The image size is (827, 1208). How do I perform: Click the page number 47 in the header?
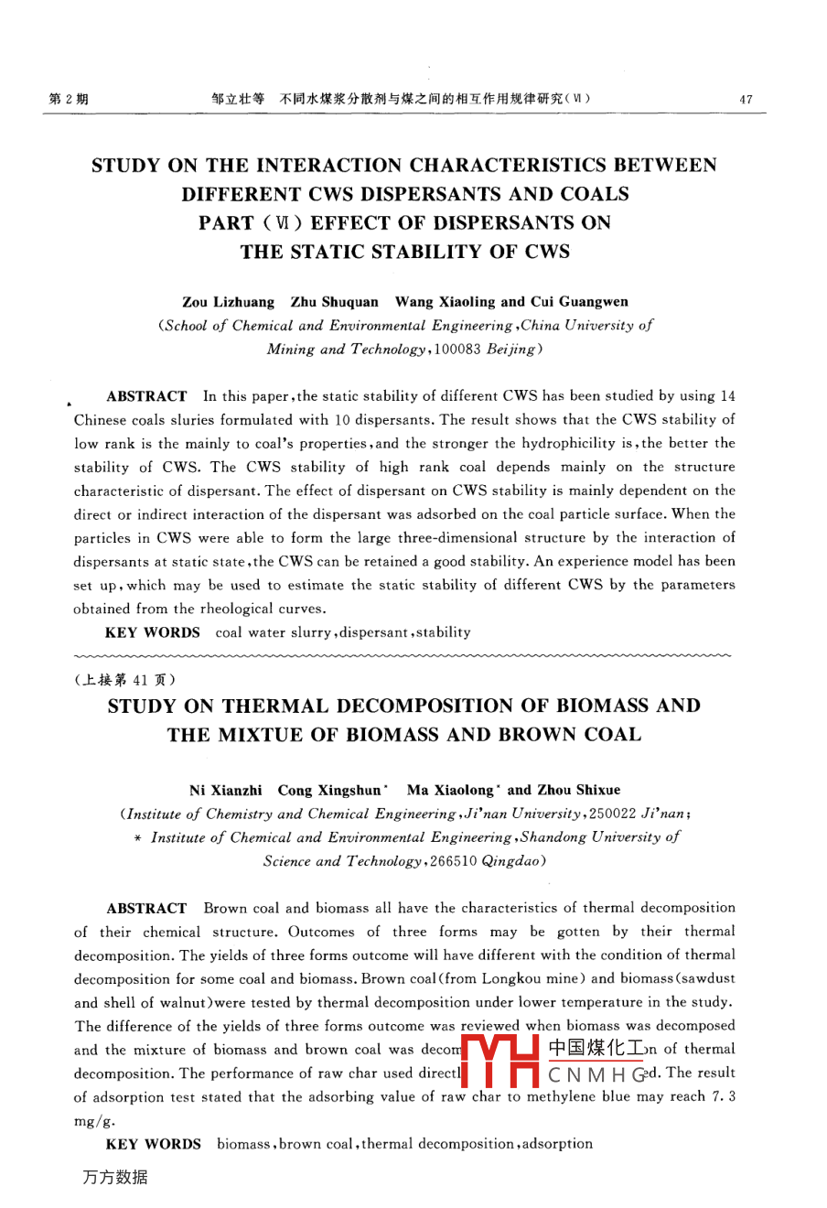(746, 100)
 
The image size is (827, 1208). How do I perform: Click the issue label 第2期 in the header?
(68, 99)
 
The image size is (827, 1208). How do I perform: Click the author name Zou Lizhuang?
(228, 302)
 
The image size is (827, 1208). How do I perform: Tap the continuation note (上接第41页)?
(124, 680)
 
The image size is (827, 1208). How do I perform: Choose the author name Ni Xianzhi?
(225, 790)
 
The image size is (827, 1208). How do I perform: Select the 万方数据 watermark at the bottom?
(114, 1178)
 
